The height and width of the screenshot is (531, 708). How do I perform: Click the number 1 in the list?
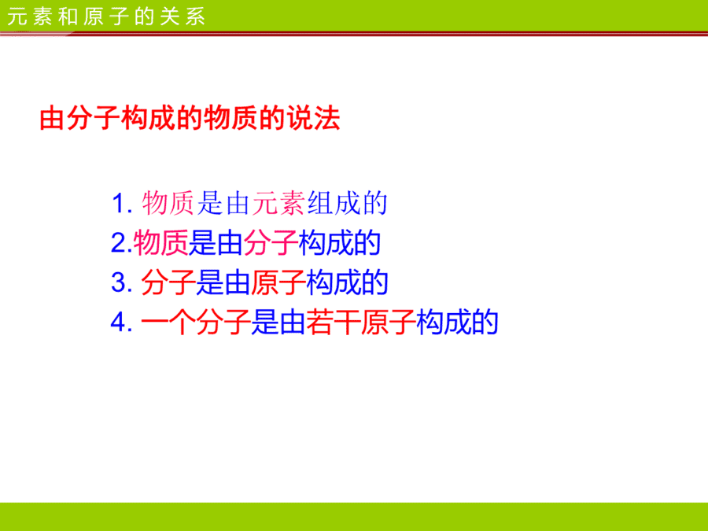click(x=118, y=204)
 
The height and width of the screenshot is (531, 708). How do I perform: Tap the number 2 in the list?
click(x=118, y=243)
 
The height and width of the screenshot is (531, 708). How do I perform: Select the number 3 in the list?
click(x=118, y=282)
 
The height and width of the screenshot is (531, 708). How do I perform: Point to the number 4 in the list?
click(x=118, y=322)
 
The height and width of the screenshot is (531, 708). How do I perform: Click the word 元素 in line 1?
click(x=279, y=203)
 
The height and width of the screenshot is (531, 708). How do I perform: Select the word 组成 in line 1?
click(x=334, y=203)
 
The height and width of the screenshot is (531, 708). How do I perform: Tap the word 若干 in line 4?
click(x=334, y=322)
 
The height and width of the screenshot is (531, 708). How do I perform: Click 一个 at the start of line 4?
click(x=168, y=322)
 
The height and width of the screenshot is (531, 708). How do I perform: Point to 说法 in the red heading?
click(x=312, y=119)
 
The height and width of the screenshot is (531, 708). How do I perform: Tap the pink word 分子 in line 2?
click(x=271, y=243)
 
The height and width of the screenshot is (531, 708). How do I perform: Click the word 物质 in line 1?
click(x=168, y=203)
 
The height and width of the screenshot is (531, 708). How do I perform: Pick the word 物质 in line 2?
click(x=160, y=243)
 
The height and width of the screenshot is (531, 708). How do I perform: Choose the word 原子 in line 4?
click(x=389, y=322)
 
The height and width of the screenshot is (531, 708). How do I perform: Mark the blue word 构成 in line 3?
click(x=334, y=282)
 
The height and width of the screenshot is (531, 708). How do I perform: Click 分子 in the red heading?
click(x=94, y=119)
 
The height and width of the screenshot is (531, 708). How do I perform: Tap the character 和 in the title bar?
click(x=68, y=17)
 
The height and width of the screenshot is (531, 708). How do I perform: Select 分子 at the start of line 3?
click(x=168, y=282)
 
